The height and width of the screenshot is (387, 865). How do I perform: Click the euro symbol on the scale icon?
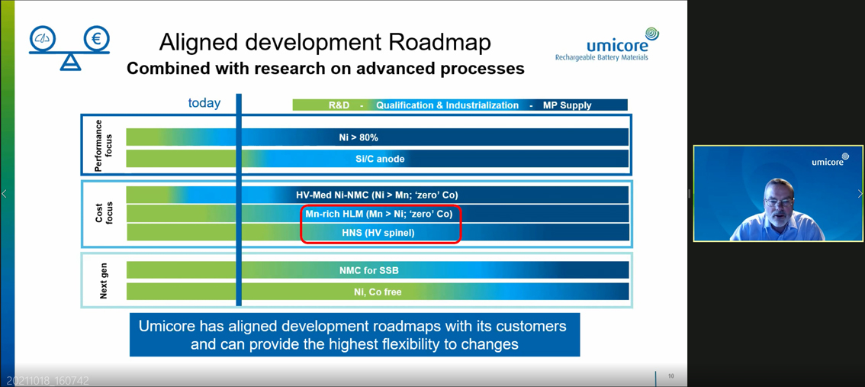click(x=96, y=38)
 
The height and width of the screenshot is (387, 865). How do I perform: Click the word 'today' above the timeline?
click(x=204, y=103)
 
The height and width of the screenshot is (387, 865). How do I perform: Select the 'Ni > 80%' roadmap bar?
click(x=359, y=137)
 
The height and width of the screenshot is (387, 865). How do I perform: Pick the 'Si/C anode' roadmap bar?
click(x=380, y=159)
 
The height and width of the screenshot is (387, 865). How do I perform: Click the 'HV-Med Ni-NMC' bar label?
click(x=377, y=195)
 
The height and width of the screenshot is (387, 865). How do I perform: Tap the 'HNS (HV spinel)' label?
click(x=378, y=233)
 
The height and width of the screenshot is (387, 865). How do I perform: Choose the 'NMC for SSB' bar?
click(x=369, y=270)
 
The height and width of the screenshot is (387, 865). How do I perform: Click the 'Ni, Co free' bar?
click(x=377, y=292)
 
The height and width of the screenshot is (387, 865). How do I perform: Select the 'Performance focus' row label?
click(x=103, y=145)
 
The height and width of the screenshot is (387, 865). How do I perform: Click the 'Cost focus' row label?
click(x=104, y=213)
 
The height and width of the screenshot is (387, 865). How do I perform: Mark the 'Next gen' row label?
click(x=104, y=281)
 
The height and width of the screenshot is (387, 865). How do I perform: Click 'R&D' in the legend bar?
click(x=339, y=105)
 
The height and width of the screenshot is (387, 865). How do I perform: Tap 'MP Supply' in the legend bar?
click(x=567, y=105)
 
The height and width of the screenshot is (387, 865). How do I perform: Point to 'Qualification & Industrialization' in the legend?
click(x=447, y=105)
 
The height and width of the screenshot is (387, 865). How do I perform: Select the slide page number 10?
click(x=671, y=376)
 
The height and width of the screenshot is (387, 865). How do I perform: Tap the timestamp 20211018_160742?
click(x=48, y=380)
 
